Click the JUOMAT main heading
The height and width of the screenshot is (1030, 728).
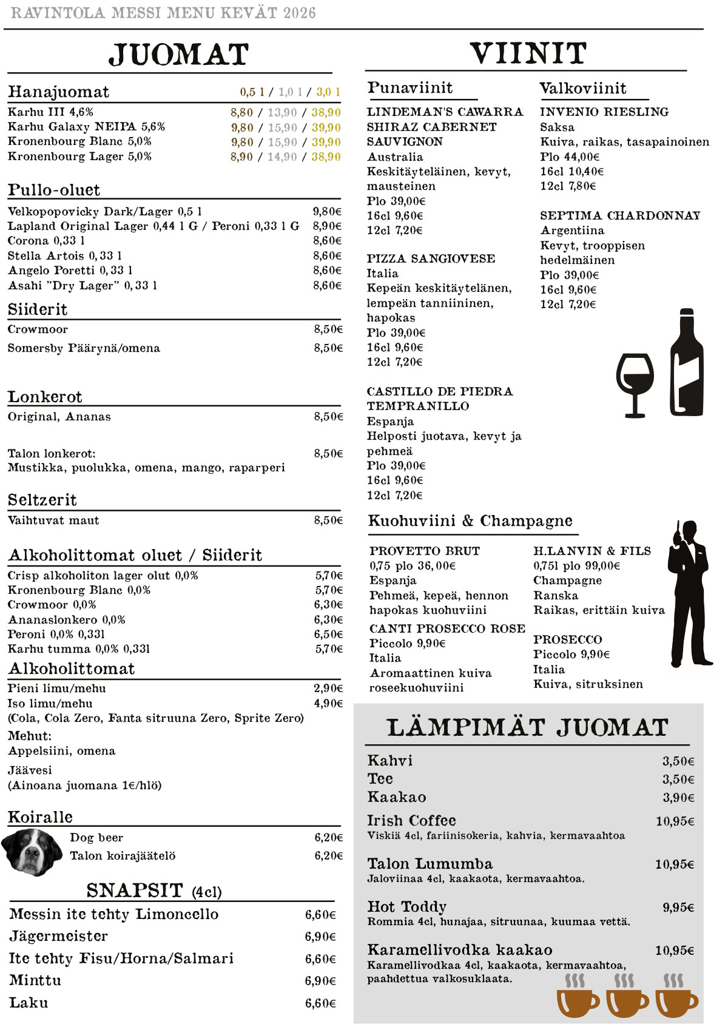pos(178,55)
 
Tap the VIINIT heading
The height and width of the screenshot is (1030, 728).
pos(528,53)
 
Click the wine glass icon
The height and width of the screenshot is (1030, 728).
pos(635,384)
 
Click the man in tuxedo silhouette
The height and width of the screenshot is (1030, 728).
pos(689,594)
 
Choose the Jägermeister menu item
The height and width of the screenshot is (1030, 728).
pos(59,937)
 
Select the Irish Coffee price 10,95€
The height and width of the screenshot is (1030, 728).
pos(675,821)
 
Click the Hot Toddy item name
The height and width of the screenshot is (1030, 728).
pos(406,907)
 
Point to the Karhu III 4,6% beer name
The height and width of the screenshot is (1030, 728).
pos(50,112)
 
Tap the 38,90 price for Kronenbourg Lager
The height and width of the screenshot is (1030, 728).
pos(326,157)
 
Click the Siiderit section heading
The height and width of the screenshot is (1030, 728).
pos(38,310)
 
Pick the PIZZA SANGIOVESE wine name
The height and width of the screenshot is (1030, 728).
pos(431,259)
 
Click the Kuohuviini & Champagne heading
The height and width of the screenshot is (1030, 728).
pos(470,521)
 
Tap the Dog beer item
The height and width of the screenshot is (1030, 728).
pos(96,838)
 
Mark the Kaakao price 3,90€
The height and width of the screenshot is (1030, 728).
pos(678,798)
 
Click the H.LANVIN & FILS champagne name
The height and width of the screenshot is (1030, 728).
pos(592,551)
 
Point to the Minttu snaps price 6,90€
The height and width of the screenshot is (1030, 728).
pos(320,981)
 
